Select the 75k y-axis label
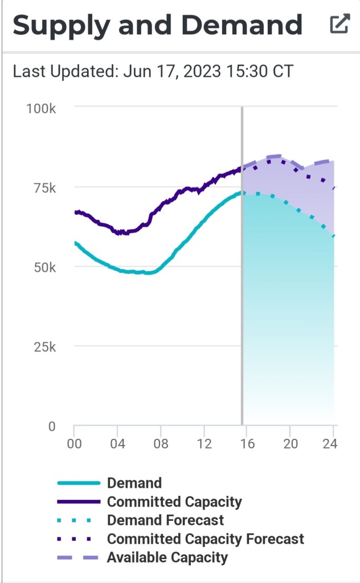tap(42, 187)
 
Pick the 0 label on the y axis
tap(51, 426)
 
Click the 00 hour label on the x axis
tap(74, 444)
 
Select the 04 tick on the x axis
tap(117, 444)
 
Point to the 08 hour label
tap(161, 444)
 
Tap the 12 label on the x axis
tap(204, 444)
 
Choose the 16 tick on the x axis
tap(247, 444)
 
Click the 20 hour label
tap(291, 444)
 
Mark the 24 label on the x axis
tap(330, 444)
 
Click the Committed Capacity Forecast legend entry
tap(205, 539)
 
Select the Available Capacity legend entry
tap(167, 557)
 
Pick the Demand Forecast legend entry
tap(165, 520)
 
